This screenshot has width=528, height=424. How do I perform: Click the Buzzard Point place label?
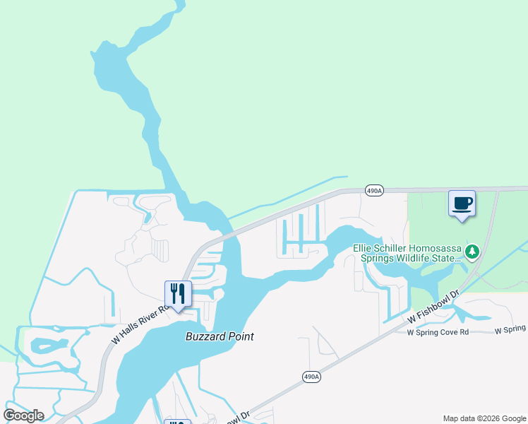pos(220,336)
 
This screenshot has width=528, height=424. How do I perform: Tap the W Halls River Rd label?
pos(140,325)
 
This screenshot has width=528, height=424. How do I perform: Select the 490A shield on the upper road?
pos(374,191)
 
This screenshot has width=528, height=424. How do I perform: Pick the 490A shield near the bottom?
pos(312,377)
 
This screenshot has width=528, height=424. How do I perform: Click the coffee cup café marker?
pos(462,204)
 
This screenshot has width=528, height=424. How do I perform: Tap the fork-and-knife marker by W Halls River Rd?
pos(178,294)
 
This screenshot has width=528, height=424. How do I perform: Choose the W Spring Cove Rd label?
pos(438,331)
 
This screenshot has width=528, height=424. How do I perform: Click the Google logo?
pos(23,416)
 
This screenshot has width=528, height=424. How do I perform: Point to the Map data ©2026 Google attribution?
pos(484,418)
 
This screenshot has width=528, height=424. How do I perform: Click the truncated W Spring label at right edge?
pos(510,330)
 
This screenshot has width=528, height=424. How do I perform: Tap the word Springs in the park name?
pos(377,258)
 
